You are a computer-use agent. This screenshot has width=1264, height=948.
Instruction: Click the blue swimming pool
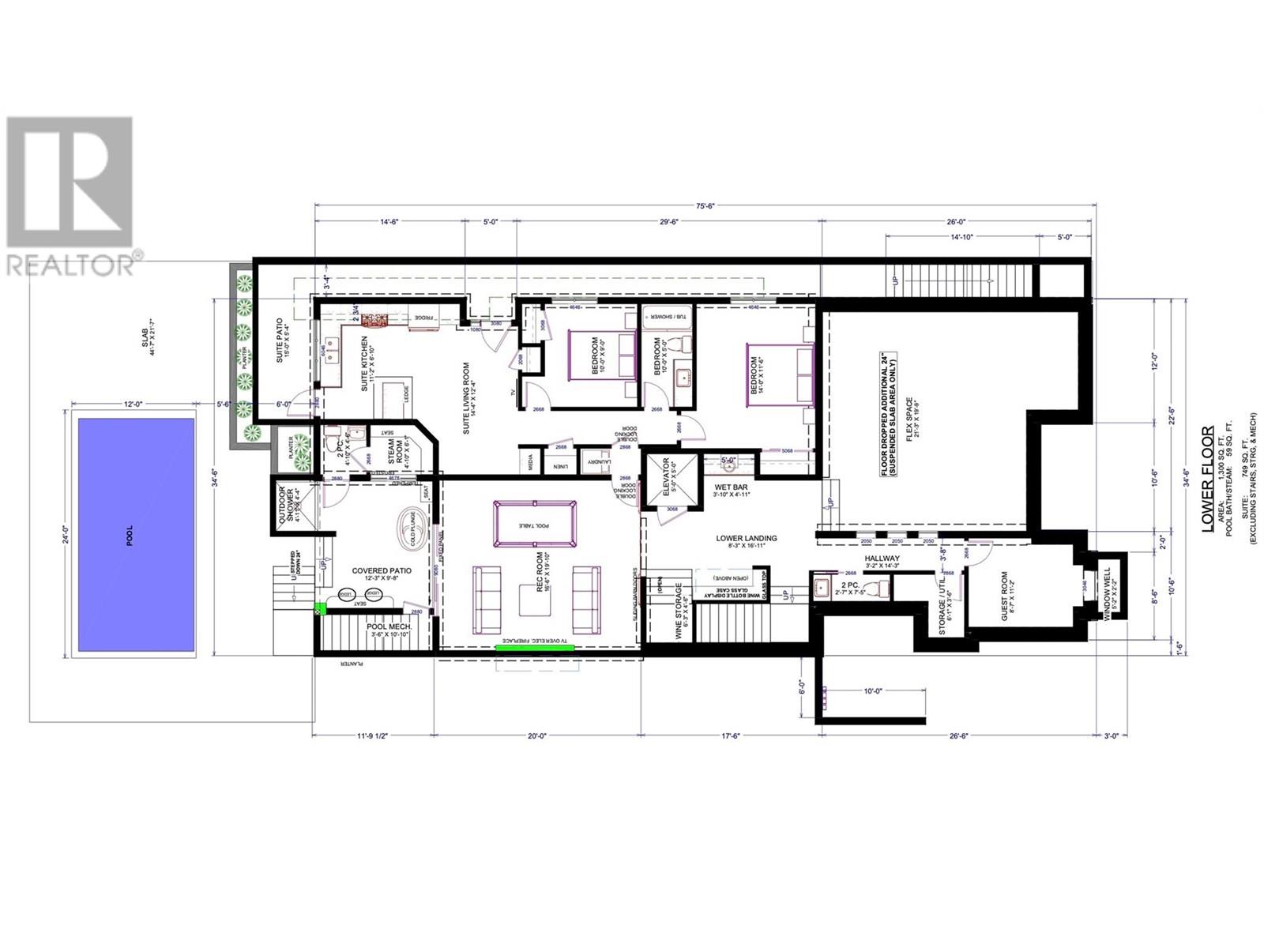(136, 535)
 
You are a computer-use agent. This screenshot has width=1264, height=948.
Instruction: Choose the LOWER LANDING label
(747, 538)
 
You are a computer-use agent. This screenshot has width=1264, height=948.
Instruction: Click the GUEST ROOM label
(1006, 596)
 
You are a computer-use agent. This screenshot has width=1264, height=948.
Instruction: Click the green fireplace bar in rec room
(535, 648)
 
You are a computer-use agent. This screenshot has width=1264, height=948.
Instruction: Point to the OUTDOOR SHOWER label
(287, 506)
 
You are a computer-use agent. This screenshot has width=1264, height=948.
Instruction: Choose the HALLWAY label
(882, 559)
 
